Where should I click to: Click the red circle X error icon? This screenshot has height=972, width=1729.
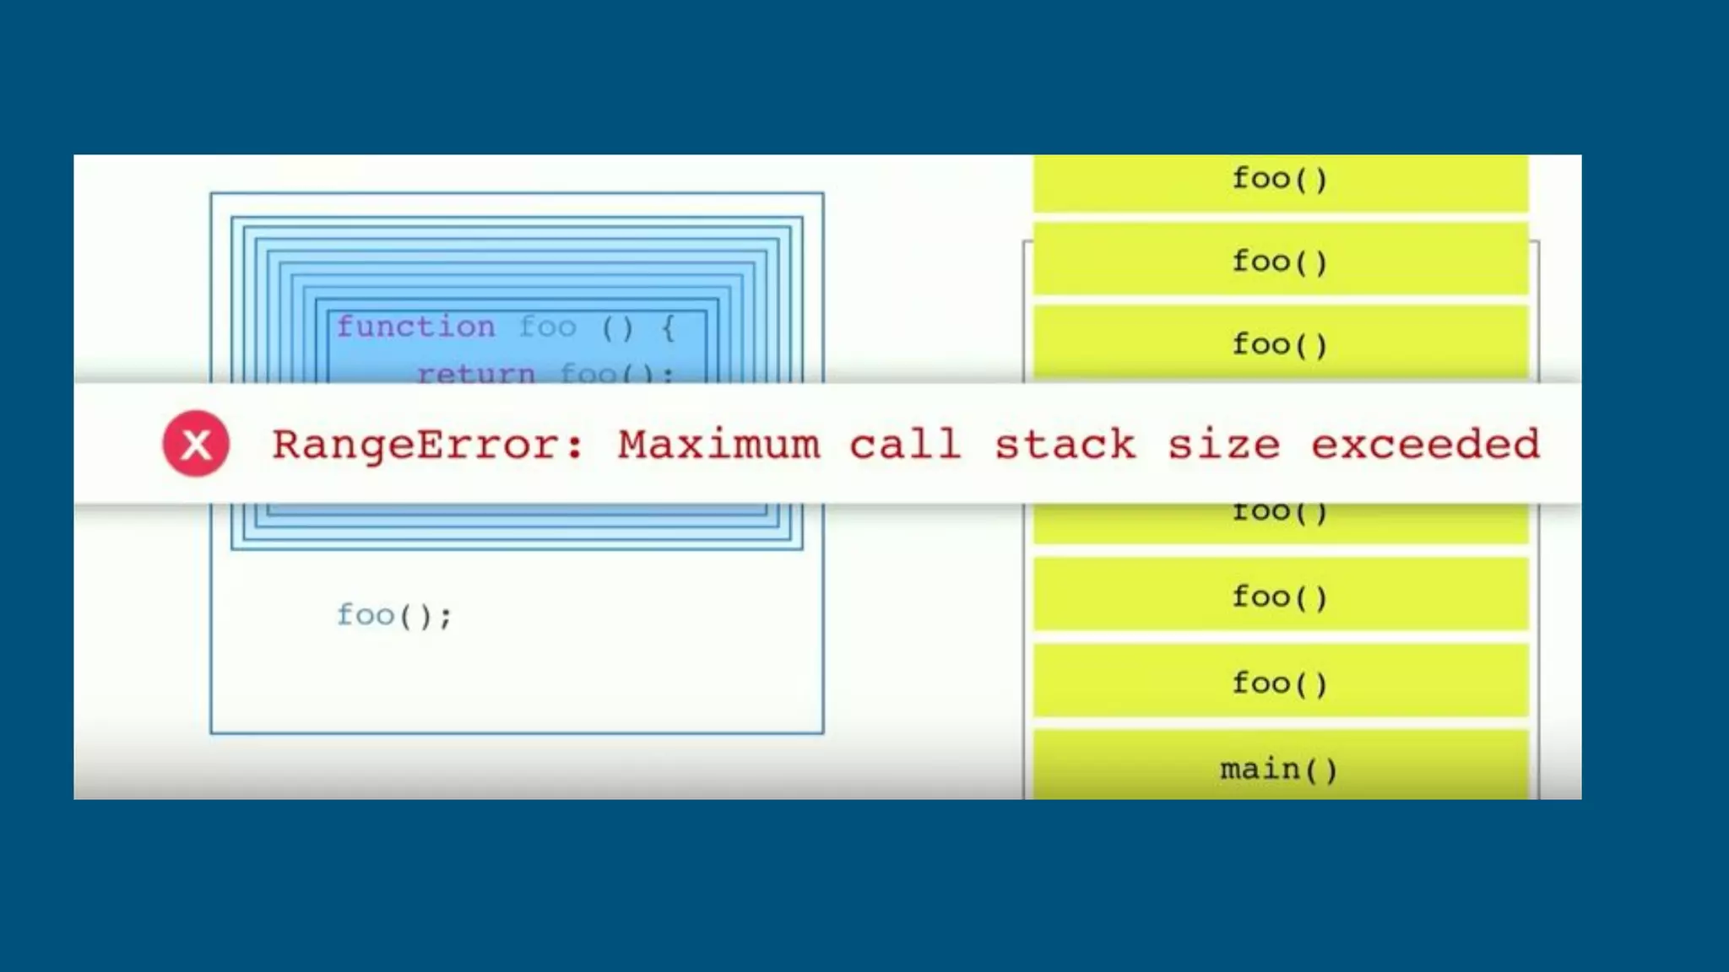click(x=196, y=444)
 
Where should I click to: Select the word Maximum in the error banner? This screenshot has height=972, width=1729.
click(x=718, y=445)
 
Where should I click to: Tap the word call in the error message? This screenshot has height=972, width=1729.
click(x=905, y=445)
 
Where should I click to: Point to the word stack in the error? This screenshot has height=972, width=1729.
click(x=1065, y=445)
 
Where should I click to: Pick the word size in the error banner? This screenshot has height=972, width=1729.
click(x=1223, y=445)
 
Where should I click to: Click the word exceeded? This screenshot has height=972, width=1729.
click(x=1425, y=445)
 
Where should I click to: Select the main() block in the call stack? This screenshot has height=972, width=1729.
click(x=1280, y=769)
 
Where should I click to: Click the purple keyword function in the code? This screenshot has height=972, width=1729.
click(x=415, y=327)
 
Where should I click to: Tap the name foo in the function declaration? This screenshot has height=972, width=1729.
click(x=548, y=327)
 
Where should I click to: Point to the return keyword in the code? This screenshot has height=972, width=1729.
click(x=475, y=373)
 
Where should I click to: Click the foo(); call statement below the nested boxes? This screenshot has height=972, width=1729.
click(x=394, y=615)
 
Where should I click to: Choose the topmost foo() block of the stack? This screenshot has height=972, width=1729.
click(x=1280, y=179)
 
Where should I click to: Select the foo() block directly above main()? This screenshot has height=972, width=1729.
click(x=1280, y=683)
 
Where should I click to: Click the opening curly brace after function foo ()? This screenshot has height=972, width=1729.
click(x=669, y=327)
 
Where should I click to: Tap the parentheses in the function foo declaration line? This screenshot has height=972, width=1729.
click(x=617, y=327)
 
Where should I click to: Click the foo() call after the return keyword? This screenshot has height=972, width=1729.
click(x=615, y=373)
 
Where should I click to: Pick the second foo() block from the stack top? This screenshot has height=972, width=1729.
click(x=1280, y=262)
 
